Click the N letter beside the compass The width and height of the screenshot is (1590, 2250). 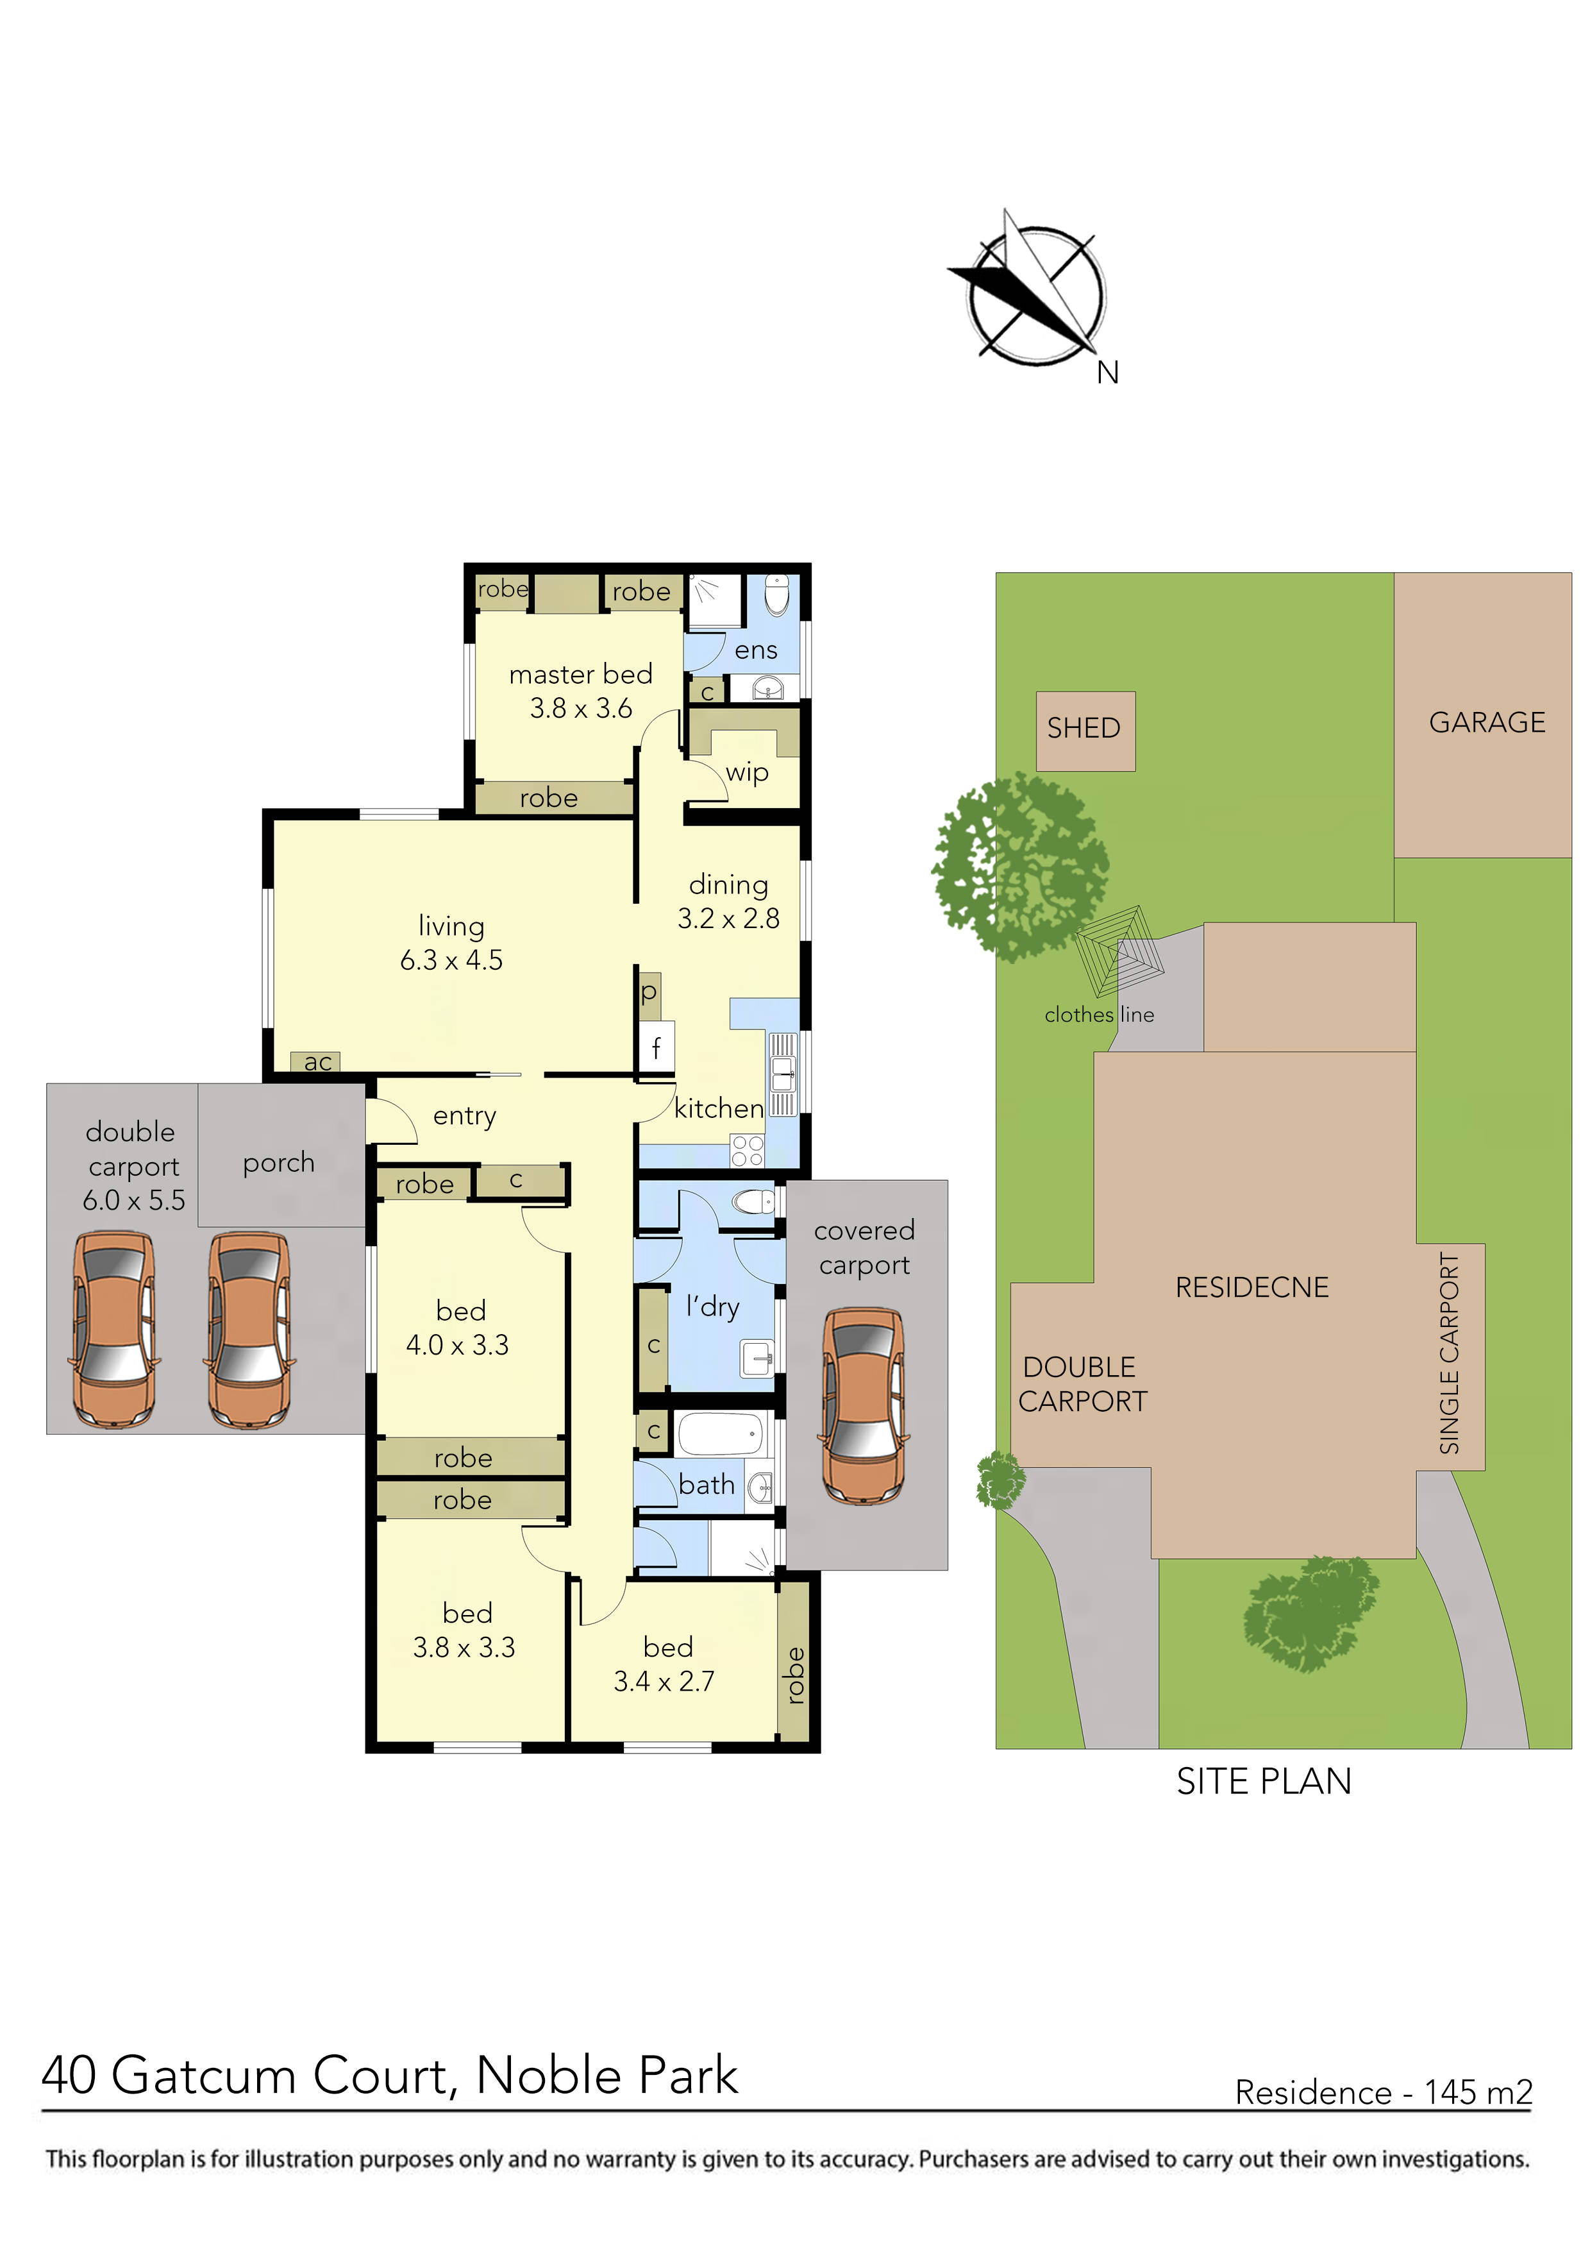click(x=1107, y=373)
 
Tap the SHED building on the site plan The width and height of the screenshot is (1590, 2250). click(x=1085, y=730)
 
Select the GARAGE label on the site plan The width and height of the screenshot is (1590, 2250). click(x=1486, y=722)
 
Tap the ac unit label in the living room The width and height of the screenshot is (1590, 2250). click(x=317, y=1062)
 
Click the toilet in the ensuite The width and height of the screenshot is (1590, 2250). click(x=776, y=595)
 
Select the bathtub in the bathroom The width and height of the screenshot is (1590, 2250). click(x=720, y=1434)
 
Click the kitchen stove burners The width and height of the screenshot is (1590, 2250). click(x=748, y=1151)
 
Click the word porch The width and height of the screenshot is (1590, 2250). click(x=279, y=1163)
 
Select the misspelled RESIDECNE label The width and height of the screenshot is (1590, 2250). click(x=1252, y=1288)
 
